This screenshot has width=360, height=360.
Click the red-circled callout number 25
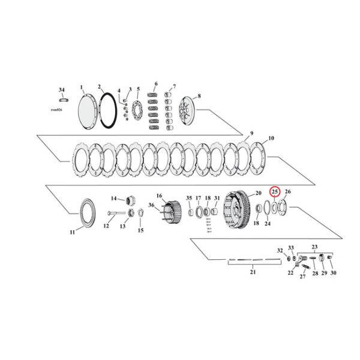point(275,192)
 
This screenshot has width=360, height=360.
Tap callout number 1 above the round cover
point(82,88)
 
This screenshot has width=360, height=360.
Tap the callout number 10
point(271,138)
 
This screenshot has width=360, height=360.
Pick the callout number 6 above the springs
point(156,83)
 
